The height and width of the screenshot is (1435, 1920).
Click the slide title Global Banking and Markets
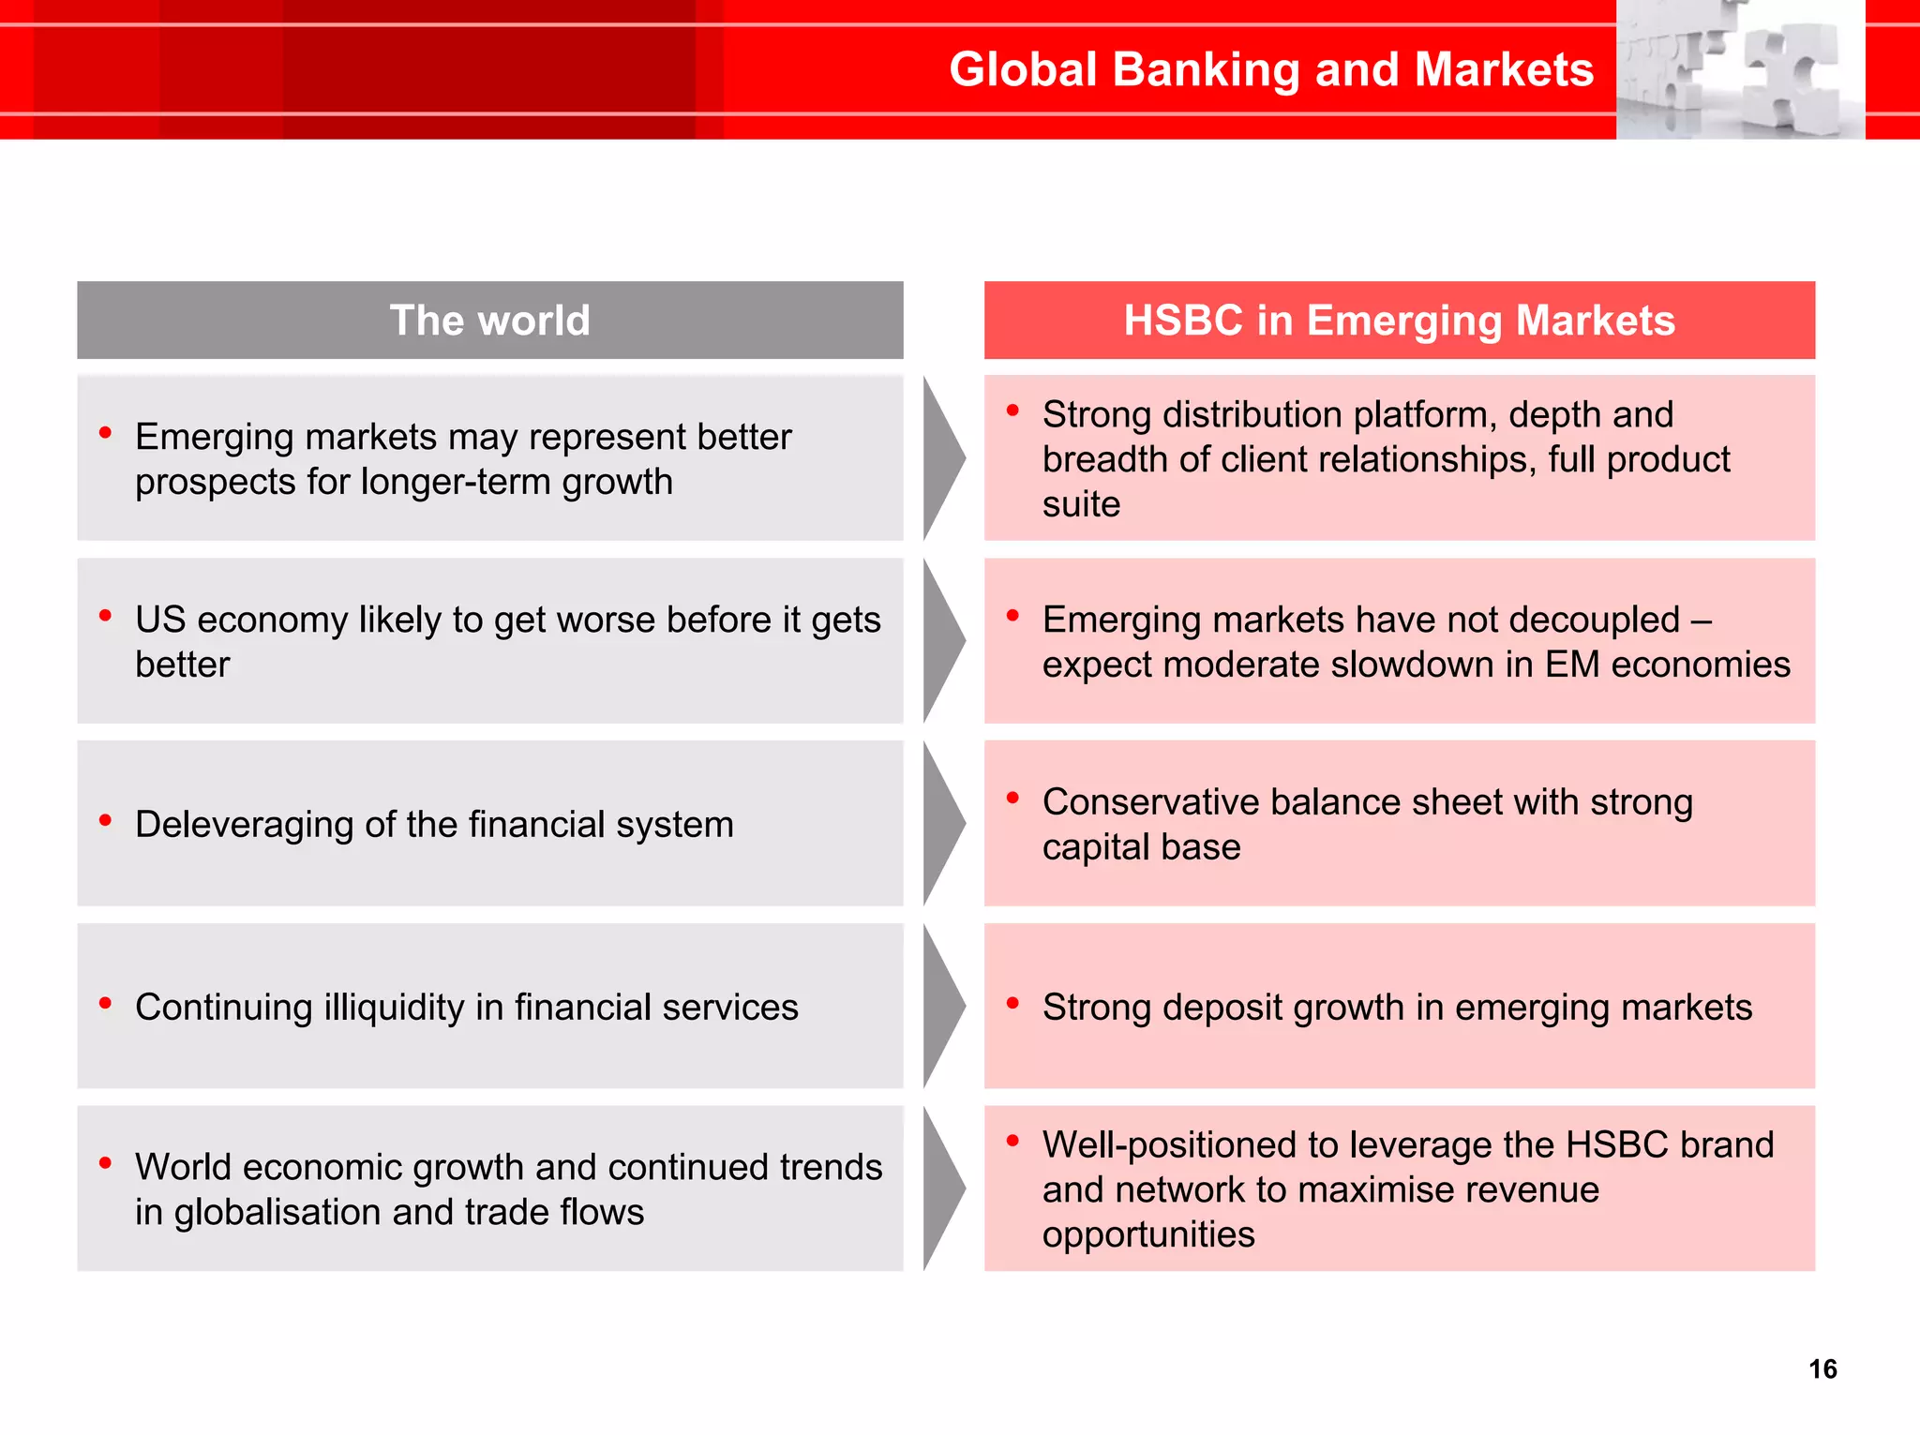[x=1270, y=70]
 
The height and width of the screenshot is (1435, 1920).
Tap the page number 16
[x=1822, y=1369]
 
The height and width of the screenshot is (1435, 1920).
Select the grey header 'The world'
[x=489, y=321]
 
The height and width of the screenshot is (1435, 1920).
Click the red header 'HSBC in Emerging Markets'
[x=1399, y=321]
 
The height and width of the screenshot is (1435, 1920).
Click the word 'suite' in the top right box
[x=1081, y=505]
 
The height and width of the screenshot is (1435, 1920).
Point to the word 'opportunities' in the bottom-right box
[x=1147, y=1235]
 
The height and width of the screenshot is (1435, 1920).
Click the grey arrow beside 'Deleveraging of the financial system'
[x=942, y=823]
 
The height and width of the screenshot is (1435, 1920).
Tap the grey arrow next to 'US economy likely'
[x=942, y=640]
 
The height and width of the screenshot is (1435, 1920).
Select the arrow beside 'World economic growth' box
[x=942, y=1188]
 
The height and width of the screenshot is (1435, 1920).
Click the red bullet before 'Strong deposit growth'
[x=1012, y=1003]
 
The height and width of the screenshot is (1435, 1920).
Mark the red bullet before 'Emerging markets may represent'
[x=105, y=432]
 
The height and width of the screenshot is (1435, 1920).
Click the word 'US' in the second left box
[x=159, y=620]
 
